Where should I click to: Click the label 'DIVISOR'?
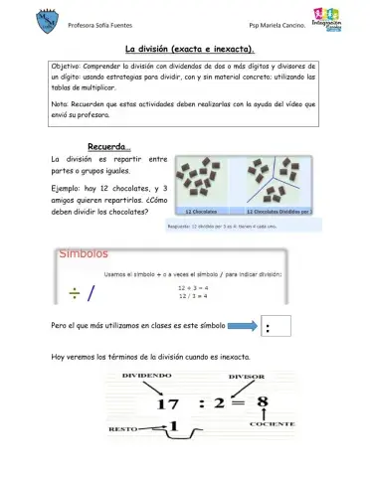click(x=247, y=378)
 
